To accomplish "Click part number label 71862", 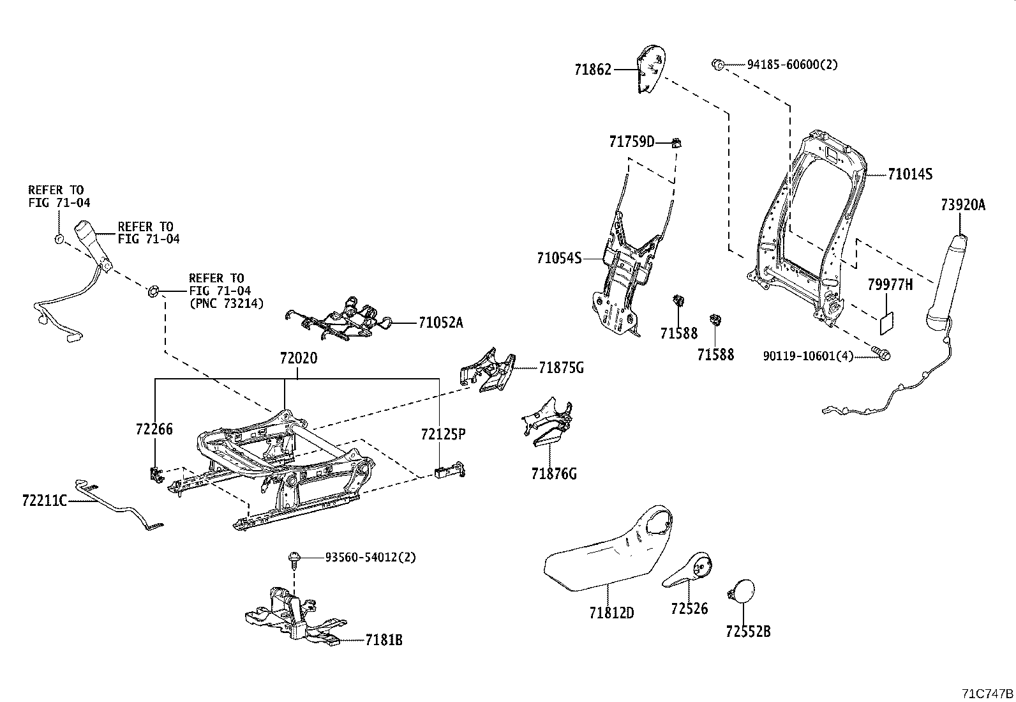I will pyautogui.click(x=592, y=70).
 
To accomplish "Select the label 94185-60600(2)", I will pyautogui.click(x=792, y=65).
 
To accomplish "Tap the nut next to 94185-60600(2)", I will pyautogui.click(x=717, y=64).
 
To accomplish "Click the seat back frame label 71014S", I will pyautogui.click(x=909, y=174).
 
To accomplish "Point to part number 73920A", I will pyautogui.click(x=962, y=205).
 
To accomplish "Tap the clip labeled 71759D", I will pyautogui.click(x=678, y=142).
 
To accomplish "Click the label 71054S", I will pyautogui.click(x=559, y=258).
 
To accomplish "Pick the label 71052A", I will pyautogui.click(x=440, y=323).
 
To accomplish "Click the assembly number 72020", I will pyautogui.click(x=298, y=358).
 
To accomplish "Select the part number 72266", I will pyautogui.click(x=154, y=429).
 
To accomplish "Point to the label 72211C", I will pyautogui.click(x=44, y=501).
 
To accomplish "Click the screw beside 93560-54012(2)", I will pyautogui.click(x=294, y=558).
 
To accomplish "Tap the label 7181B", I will pyautogui.click(x=384, y=640).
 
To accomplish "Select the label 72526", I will pyautogui.click(x=689, y=609).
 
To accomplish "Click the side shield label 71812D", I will pyautogui.click(x=611, y=613).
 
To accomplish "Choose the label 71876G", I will pyautogui.click(x=554, y=473).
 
